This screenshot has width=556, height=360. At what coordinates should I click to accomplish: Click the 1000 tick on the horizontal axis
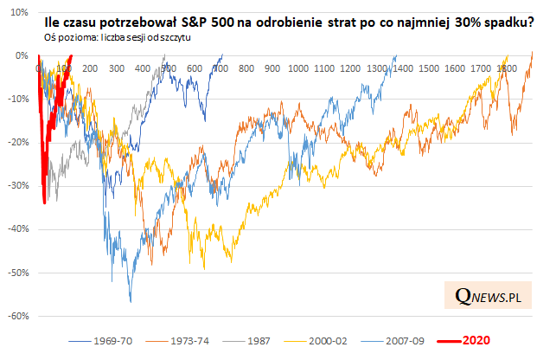[299, 67]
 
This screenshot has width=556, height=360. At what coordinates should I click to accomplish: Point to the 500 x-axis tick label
[169, 67]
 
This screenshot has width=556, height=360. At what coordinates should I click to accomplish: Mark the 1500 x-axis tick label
[430, 67]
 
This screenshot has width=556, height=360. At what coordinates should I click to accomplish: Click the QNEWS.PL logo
[489, 297]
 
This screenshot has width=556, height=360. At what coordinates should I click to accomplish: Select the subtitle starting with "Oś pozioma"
[116, 39]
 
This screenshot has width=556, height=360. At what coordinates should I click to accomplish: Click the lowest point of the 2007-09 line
[130, 301]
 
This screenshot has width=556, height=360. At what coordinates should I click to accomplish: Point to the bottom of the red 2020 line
[44, 203]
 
